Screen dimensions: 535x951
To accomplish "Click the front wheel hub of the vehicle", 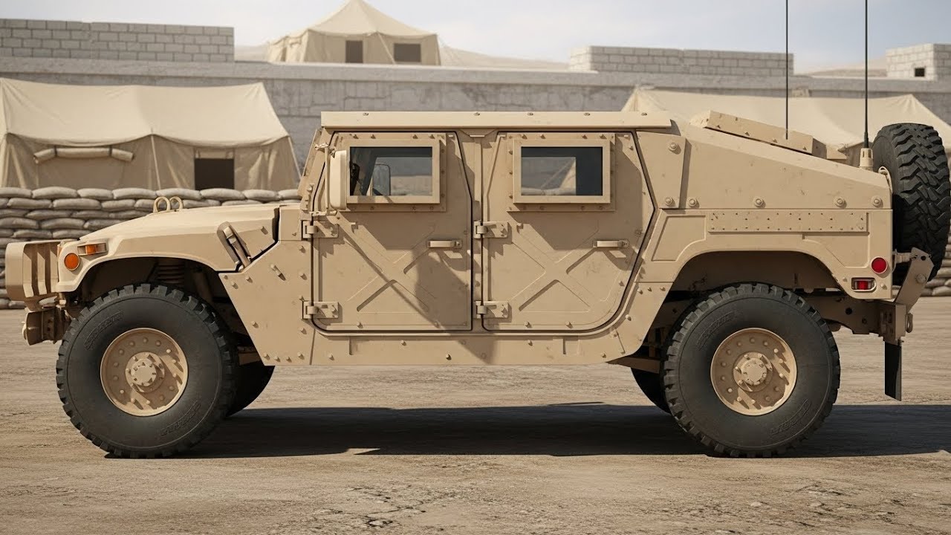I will click(x=144, y=372).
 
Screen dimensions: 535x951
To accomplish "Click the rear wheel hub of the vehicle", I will click(x=753, y=371).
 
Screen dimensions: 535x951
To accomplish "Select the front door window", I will click(x=391, y=170).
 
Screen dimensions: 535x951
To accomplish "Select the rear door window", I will click(x=561, y=170).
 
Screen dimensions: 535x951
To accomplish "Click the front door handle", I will click(x=444, y=244).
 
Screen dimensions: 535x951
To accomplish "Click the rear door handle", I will click(x=611, y=244).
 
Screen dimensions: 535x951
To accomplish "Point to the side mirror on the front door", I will click(x=338, y=179).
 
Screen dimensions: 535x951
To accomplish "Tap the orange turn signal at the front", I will click(x=71, y=261).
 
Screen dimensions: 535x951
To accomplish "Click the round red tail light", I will click(x=879, y=265).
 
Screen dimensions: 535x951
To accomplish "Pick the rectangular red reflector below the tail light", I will click(x=863, y=284).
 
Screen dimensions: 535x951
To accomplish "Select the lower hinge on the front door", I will click(x=321, y=310).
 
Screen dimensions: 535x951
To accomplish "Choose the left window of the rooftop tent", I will click(x=354, y=51).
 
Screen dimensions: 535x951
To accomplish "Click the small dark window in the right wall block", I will click(x=920, y=72).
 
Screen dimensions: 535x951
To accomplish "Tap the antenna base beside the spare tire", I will click(x=866, y=157).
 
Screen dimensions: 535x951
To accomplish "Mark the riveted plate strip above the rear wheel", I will click(x=787, y=221).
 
